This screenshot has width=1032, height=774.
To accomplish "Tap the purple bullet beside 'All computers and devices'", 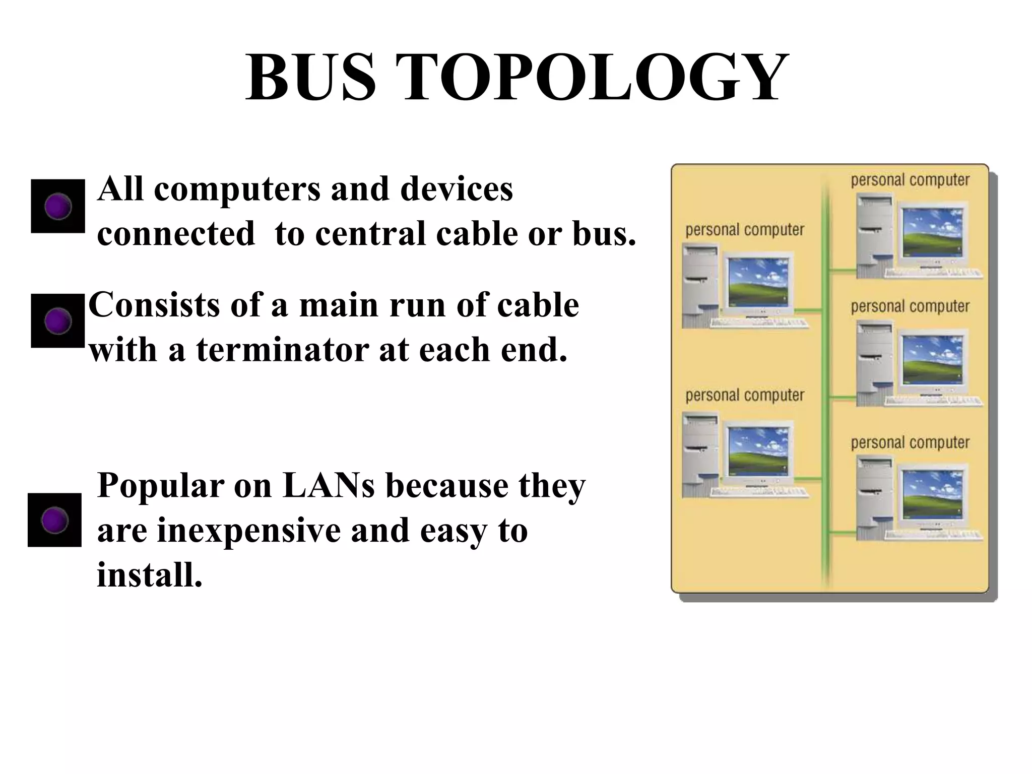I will click(x=58, y=206).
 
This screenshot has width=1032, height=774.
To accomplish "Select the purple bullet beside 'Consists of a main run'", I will click(x=58, y=320).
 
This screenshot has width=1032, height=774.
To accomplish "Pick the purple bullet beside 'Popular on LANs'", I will click(x=54, y=520).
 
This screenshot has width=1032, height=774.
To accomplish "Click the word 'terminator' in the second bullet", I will click(x=282, y=350).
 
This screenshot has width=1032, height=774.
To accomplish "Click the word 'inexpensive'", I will click(x=249, y=530).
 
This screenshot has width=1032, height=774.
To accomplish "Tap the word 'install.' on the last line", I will click(x=150, y=574).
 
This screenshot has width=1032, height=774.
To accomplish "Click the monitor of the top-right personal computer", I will click(x=932, y=233).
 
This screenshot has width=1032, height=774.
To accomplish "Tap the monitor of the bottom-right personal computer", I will click(x=932, y=496).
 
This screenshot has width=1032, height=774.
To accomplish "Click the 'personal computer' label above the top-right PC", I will click(x=910, y=180).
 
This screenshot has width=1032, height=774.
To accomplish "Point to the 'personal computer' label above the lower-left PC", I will click(x=745, y=396).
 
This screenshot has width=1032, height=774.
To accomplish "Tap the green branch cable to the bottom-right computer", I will click(x=843, y=532).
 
